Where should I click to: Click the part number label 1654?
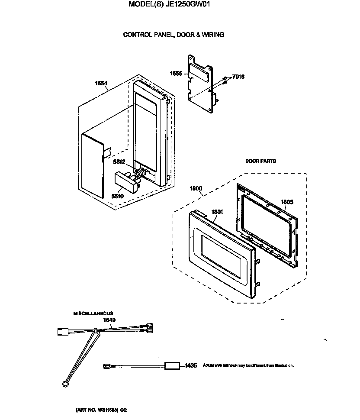coord(101,84)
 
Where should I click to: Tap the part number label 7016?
coord(238,77)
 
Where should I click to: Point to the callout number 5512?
coord(119,162)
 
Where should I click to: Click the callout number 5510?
coord(117,196)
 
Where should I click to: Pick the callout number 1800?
coord(196,188)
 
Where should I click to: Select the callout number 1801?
coord(217,212)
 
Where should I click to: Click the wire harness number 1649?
coord(109,320)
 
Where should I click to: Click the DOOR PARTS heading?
coord(260,161)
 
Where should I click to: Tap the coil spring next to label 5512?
coord(140,174)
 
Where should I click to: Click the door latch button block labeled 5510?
coord(125,182)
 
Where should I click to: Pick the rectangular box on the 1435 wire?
coord(172,366)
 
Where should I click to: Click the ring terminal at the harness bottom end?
coord(65,382)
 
